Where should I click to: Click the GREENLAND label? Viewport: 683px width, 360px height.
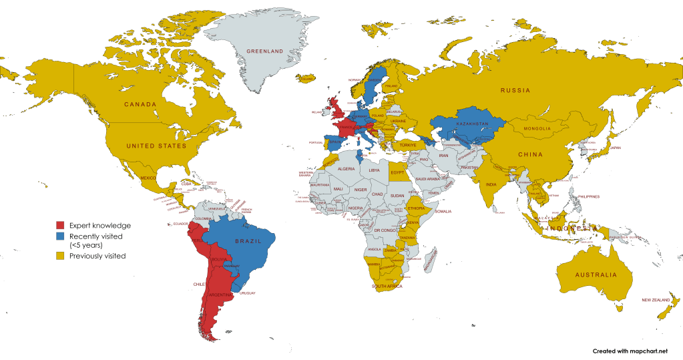(265, 51)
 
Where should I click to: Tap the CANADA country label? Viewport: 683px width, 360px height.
(140, 104)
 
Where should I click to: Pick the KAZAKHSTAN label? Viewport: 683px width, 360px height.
(473, 125)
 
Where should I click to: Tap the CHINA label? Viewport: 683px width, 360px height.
(530, 154)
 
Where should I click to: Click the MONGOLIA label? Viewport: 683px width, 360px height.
(537, 128)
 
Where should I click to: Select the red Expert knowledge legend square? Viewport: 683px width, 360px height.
(60, 225)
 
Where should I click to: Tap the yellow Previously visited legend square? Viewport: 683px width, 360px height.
(60, 255)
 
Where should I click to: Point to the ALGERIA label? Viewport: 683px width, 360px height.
(347, 169)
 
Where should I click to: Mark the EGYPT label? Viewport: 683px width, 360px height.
(398, 172)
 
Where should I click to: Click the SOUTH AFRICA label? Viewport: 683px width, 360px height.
(388, 287)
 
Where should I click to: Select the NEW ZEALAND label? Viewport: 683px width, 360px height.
(656, 300)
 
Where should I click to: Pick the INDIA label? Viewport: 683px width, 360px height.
(491, 185)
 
